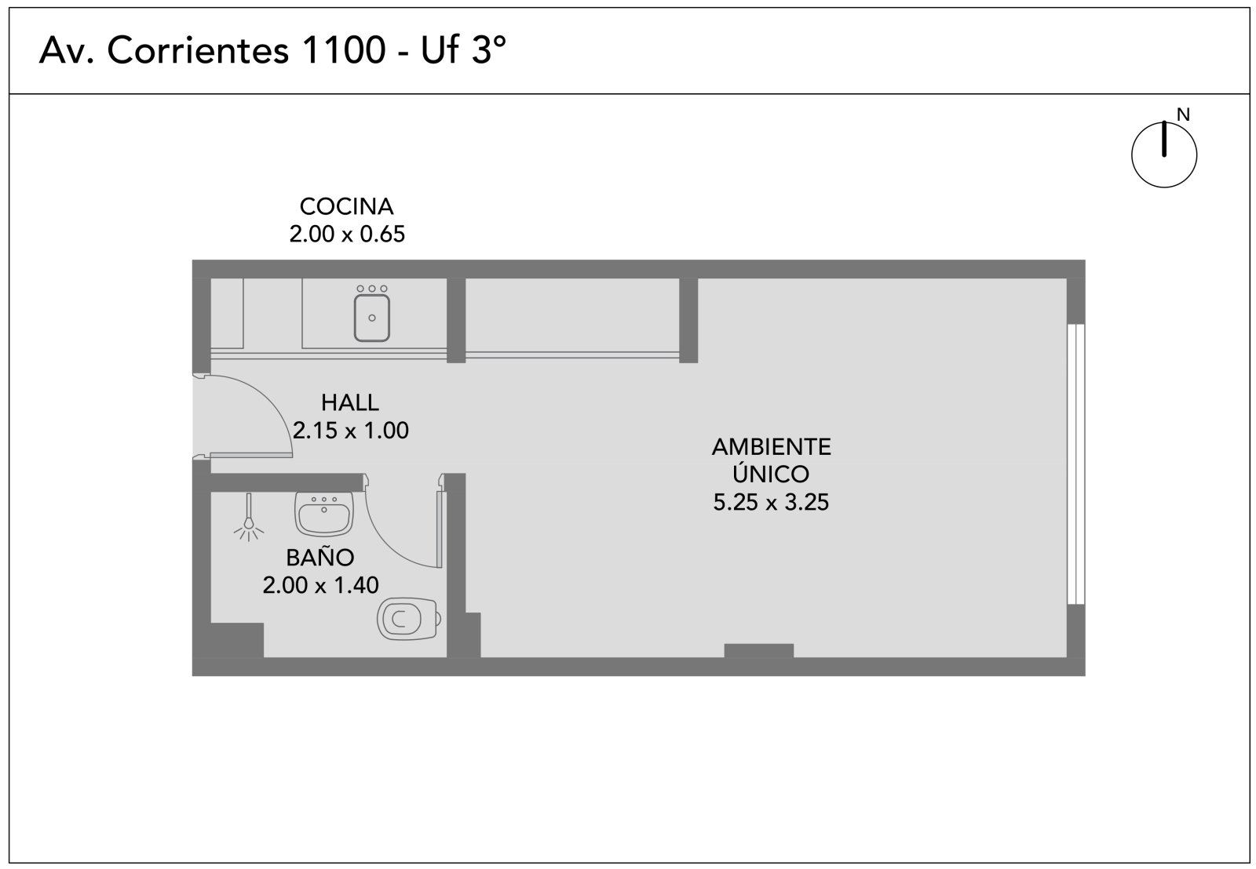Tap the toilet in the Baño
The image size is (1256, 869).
409,619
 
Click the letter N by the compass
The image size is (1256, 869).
1183,115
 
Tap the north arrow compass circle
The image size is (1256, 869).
1164,155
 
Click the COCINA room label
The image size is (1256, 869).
346,207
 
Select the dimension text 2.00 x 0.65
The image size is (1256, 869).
347,235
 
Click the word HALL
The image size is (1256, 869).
350,402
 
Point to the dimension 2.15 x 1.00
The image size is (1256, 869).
350,431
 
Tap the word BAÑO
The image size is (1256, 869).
320,557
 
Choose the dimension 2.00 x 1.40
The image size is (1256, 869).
321,585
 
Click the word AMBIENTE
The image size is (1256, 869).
772,446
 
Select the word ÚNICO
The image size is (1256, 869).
771,474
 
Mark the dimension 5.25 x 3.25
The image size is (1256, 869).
771,502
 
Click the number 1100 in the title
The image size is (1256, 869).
344,50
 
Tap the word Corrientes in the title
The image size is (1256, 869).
199,50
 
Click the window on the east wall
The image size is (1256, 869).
1075,464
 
